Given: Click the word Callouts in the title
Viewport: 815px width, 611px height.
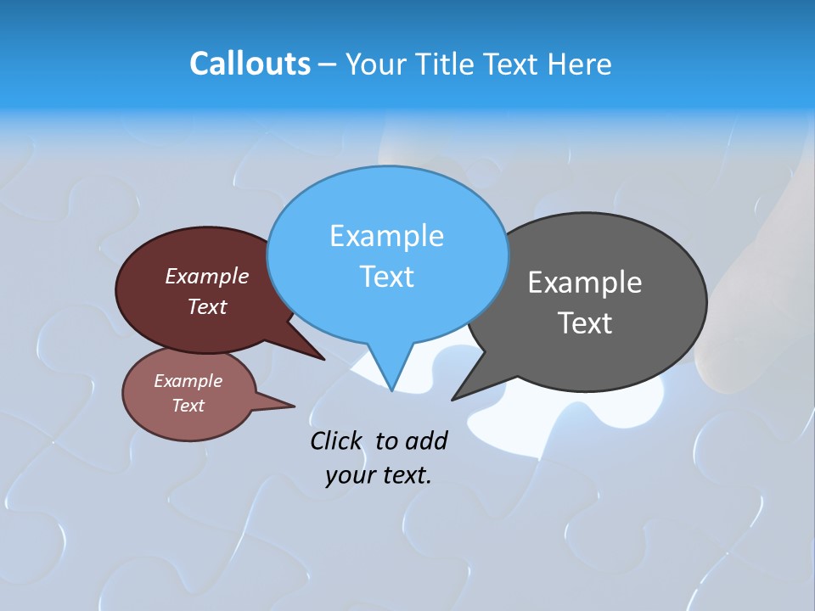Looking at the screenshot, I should point(250,64).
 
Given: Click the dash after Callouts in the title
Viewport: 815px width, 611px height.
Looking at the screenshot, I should point(328,64).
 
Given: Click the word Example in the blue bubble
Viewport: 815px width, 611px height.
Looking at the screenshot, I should point(386,236).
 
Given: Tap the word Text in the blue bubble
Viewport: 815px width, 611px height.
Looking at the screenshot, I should point(386,277).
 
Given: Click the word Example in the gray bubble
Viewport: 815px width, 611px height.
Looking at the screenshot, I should point(585,283).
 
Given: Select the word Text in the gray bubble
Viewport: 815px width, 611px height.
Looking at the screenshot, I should point(585,323).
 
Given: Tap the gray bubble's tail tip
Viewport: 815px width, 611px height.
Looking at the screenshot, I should point(452,399).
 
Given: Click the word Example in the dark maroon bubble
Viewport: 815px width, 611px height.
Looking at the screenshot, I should point(207,277).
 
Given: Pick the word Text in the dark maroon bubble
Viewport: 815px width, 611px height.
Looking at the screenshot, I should point(207,306).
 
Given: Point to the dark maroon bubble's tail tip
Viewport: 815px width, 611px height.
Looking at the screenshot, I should point(324,360).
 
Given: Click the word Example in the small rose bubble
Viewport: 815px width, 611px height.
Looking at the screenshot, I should point(188,381).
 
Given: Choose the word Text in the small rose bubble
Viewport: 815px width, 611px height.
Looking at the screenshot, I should point(188,406).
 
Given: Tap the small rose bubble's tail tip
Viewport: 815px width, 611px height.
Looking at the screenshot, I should point(295,406).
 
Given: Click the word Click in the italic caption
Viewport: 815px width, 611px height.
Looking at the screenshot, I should point(337,441).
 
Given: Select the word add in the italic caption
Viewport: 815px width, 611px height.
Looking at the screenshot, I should point(425,441).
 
